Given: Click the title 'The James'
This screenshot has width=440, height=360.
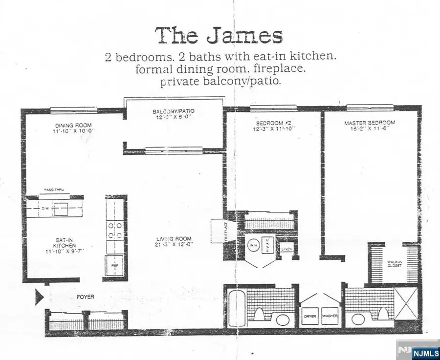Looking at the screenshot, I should point(219,36).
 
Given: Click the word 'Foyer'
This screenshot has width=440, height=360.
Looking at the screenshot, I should point(85,296).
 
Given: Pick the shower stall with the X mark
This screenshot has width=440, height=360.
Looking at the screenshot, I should point(406,303).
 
